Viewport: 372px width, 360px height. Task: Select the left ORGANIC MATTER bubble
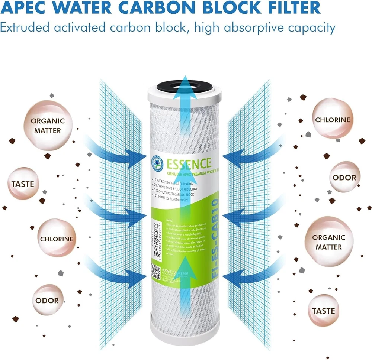(48, 126)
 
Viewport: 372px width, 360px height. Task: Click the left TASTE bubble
(23, 184)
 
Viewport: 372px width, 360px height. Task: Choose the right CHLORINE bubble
(333, 120)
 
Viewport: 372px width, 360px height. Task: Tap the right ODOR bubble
(344, 178)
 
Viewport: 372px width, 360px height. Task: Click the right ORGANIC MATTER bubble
(328, 242)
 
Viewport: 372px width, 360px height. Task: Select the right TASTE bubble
(323, 311)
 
